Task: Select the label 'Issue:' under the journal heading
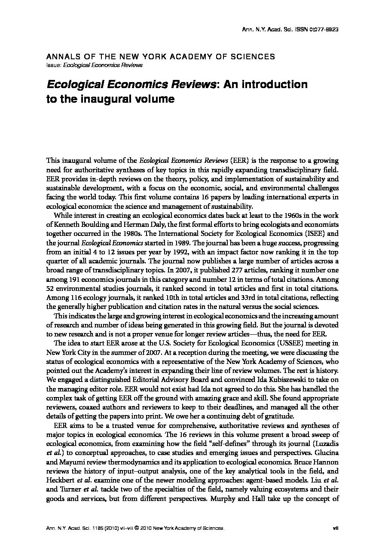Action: click(53, 65)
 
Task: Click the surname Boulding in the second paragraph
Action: click(94, 225)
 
